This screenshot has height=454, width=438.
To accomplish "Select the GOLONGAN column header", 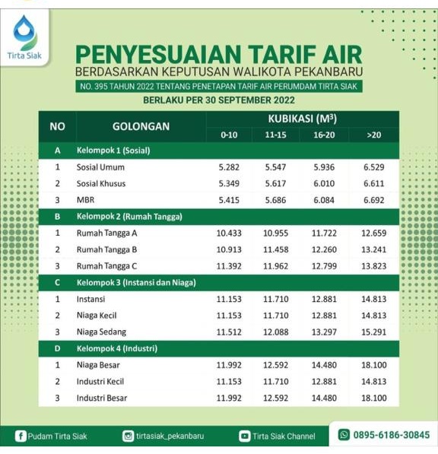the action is [x=141, y=125].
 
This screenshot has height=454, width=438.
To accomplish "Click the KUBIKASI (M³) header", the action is [x=303, y=119].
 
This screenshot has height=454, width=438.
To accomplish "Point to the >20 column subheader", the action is [x=373, y=135].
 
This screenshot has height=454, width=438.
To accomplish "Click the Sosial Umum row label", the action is [x=100, y=167].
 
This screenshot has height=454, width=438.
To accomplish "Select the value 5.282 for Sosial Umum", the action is [x=229, y=167].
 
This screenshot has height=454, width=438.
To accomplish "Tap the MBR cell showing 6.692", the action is [x=373, y=200].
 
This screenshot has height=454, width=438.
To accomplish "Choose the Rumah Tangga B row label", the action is [x=107, y=249].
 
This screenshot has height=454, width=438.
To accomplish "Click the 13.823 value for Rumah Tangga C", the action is [x=373, y=266].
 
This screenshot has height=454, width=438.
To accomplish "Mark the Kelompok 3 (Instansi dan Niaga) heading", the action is [x=136, y=283].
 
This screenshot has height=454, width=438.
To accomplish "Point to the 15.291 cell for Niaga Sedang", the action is [x=373, y=332].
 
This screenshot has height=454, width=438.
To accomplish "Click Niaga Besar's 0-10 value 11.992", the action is [x=229, y=365].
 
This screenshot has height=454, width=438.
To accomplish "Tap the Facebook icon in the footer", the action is [x=21, y=436].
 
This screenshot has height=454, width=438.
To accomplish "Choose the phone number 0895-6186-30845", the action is [x=389, y=435].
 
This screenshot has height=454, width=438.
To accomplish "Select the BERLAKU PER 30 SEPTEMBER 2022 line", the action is [x=218, y=100].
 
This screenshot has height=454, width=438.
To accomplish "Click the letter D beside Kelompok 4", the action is [x=57, y=348].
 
